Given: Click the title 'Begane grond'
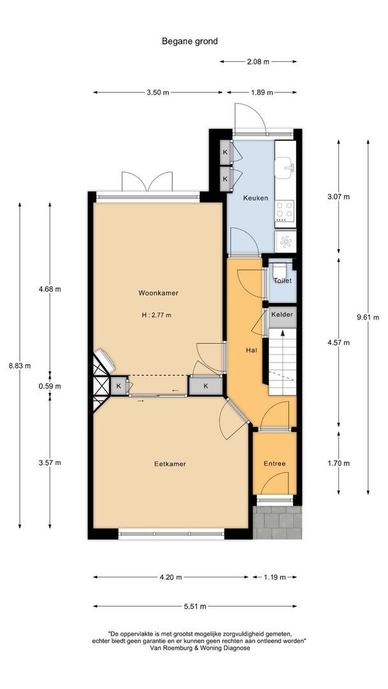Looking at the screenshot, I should tap(190, 41).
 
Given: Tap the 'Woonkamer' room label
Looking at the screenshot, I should tap(158, 293).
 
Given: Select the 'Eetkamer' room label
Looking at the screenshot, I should tap(170, 464).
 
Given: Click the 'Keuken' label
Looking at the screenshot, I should tap(255, 198).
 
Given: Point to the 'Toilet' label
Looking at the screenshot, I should tap(282, 281).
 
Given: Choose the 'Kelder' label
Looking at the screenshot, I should tap(281, 315).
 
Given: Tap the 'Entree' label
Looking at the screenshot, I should tap(274, 464).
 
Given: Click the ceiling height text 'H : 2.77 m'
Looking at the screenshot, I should tap(157, 315).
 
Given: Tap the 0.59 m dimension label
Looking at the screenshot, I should tap(50, 386).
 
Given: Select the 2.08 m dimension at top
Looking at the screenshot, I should tap(258, 62).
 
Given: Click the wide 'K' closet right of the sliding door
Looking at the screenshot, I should tap(205, 387).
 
